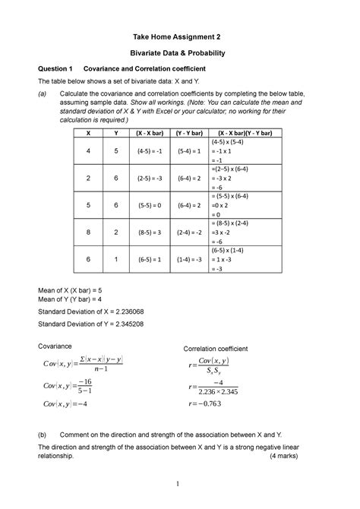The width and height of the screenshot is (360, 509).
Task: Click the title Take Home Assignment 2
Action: (179, 36)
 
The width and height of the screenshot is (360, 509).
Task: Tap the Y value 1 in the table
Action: (115, 259)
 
